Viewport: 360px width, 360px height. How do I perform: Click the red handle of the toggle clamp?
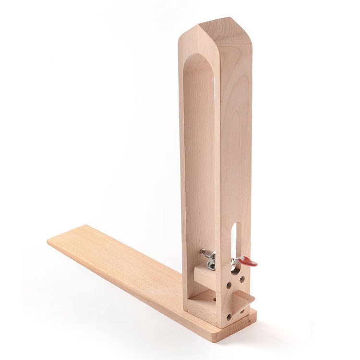point(248,262)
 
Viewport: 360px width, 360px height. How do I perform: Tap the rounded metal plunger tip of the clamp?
point(203,251)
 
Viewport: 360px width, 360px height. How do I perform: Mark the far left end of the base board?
point(50,240)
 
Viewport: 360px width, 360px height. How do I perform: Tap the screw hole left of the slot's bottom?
point(229,285)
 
